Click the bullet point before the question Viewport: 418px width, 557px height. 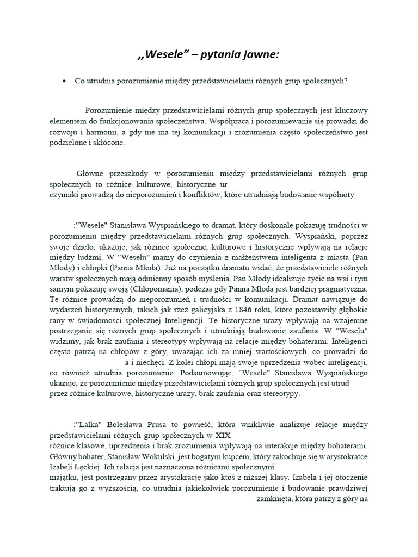64,81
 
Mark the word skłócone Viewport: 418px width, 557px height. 109,144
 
